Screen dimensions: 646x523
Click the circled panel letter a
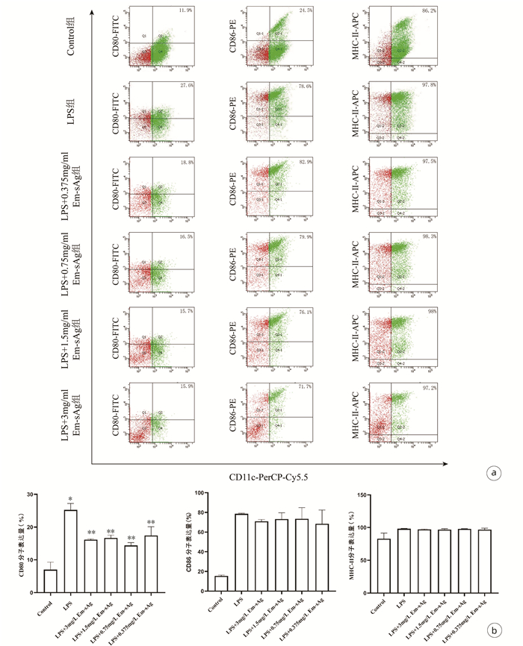click(x=492, y=472)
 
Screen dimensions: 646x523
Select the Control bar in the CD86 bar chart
click(x=221, y=584)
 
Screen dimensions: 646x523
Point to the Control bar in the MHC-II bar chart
click(x=385, y=565)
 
